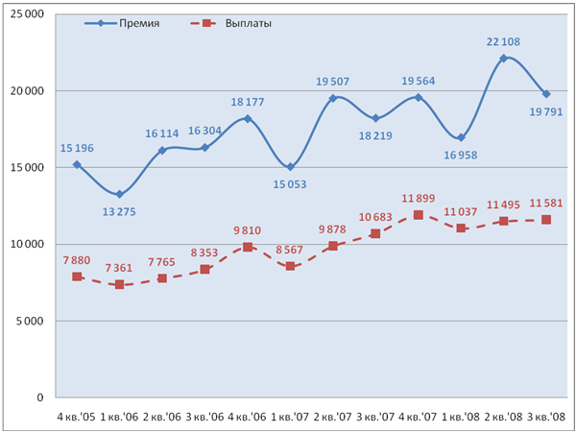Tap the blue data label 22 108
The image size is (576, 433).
click(x=503, y=42)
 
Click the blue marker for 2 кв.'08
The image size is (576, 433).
click(x=503, y=59)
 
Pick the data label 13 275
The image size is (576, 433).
click(x=119, y=210)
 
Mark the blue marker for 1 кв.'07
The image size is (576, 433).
click(x=290, y=167)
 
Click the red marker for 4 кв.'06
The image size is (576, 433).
click(x=247, y=247)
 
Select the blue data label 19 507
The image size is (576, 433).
click(x=332, y=82)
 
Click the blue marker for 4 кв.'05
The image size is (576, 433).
click(x=77, y=164)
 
